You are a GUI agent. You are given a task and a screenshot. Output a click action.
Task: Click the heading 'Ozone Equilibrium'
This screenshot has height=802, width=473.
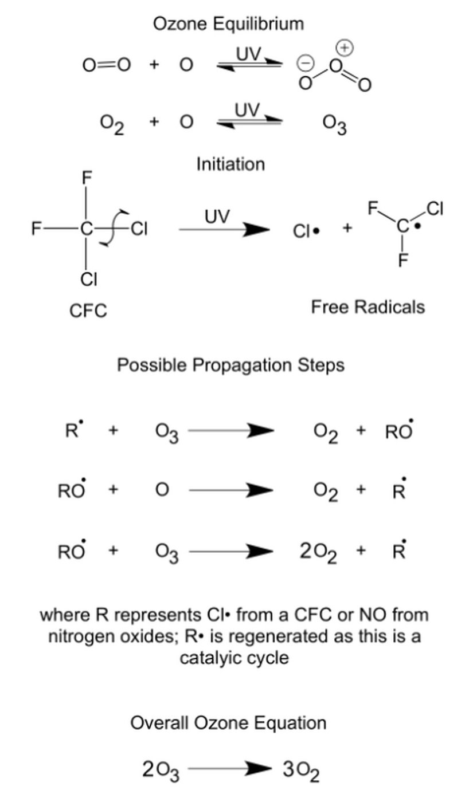click(x=228, y=23)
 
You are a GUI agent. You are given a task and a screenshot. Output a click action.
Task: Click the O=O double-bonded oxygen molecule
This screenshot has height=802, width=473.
click(x=107, y=65)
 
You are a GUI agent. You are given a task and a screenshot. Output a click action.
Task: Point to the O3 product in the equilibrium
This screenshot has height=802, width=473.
click(x=335, y=125)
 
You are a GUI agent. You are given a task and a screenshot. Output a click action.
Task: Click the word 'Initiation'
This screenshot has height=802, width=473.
click(x=230, y=164)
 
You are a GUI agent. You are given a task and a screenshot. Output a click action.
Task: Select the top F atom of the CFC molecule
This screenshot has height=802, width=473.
click(x=86, y=178)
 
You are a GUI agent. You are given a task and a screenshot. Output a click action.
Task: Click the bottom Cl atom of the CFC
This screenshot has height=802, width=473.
click(x=88, y=279)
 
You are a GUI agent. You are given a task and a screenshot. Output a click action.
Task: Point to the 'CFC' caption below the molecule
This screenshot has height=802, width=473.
click(x=88, y=310)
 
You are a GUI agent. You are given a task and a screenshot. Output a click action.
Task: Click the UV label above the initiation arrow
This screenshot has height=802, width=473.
click(x=217, y=217)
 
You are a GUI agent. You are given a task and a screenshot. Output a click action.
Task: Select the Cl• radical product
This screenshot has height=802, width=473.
click(x=306, y=231)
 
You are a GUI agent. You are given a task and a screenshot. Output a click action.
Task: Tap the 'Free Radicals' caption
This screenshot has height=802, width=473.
click(x=368, y=307)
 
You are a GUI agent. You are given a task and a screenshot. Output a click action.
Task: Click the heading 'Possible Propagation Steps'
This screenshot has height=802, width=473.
click(x=230, y=365)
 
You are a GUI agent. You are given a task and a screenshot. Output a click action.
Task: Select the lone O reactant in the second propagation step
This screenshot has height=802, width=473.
click(x=162, y=490)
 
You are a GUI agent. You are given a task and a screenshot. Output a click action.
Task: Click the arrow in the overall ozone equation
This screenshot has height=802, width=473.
click(x=229, y=769)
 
